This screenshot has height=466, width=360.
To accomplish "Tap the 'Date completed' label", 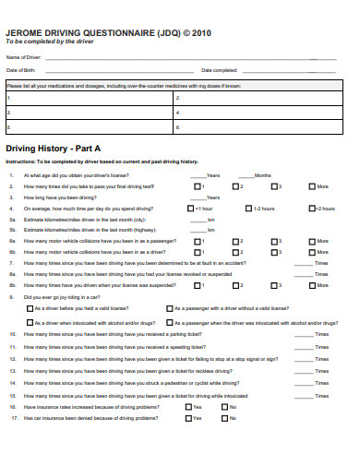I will pyautogui.click(x=219, y=70).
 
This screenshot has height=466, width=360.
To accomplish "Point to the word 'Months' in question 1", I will pyautogui.click(x=263, y=175).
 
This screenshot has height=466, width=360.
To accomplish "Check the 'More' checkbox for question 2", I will pyautogui.click(x=310, y=186).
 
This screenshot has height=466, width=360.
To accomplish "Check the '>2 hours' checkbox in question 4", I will pyautogui.click(x=310, y=209).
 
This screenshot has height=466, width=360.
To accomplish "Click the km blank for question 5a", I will pyautogui.click(x=194, y=220).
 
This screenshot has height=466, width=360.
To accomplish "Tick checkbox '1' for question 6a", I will pyautogui.click(x=199, y=241).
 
